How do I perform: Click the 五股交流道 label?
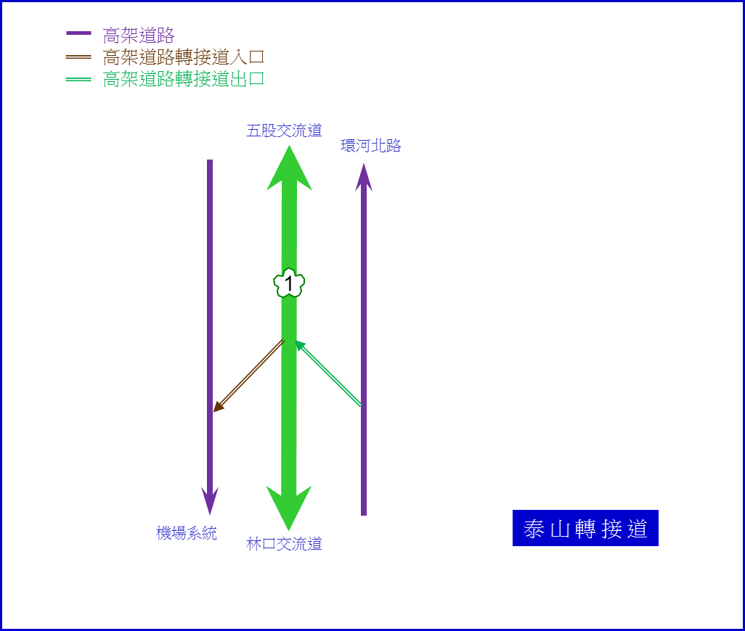pyautogui.click(x=284, y=131)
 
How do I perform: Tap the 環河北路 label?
pyautogui.click(x=371, y=146)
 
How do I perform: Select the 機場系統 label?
pyautogui.click(x=186, y=533)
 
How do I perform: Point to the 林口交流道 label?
pyautogui.click(x=284, y=544)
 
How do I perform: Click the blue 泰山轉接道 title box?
pyautogui.click(x=585, y=528)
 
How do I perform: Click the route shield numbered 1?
pyautogui.click(x=289, y=284)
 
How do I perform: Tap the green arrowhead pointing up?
pyautogui.click(x=289, y=168)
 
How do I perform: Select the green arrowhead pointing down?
pyautogui.click(x=289, y=508)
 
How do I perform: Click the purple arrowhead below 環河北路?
pyautogui.click(x=364, y=178)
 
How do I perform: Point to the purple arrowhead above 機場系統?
pyautogui.click(x=210, y=501)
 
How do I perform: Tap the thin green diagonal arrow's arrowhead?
pyautogui.click(x=300, y=345)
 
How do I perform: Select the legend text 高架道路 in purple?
pyautogui.click(x=139, y=36)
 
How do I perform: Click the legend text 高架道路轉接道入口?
pyautogui.click(x=184, y=57)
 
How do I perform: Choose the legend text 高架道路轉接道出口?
pyautogui.click(x=184, y=79)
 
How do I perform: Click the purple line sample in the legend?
pyautogui.click(x=78, y=33)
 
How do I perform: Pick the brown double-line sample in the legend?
pyautogui.click(x=78, y=57)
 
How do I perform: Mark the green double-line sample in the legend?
pyautogui.click(x=78, y=79)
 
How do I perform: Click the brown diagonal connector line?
pyautogui.click(x=248, y=376)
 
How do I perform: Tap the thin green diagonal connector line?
pyautogui.click(x=328, y=373)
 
